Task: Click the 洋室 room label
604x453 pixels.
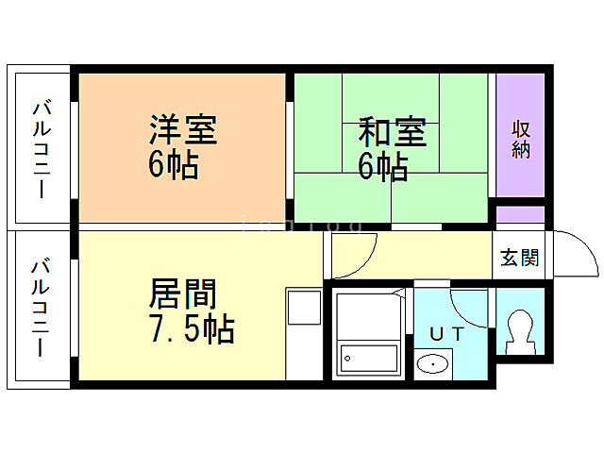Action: (182, 130)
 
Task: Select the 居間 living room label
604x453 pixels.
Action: (182, 294)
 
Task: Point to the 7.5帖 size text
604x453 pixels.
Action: (192, 330)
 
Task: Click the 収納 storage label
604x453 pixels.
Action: (521, 139)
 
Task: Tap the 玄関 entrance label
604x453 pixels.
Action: (519, 258)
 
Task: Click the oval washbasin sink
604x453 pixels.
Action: (432, 363)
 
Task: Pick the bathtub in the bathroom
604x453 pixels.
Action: (367, 359)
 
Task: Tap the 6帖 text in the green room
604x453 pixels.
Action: (382, 167)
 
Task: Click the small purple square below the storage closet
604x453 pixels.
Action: (521, 214)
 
